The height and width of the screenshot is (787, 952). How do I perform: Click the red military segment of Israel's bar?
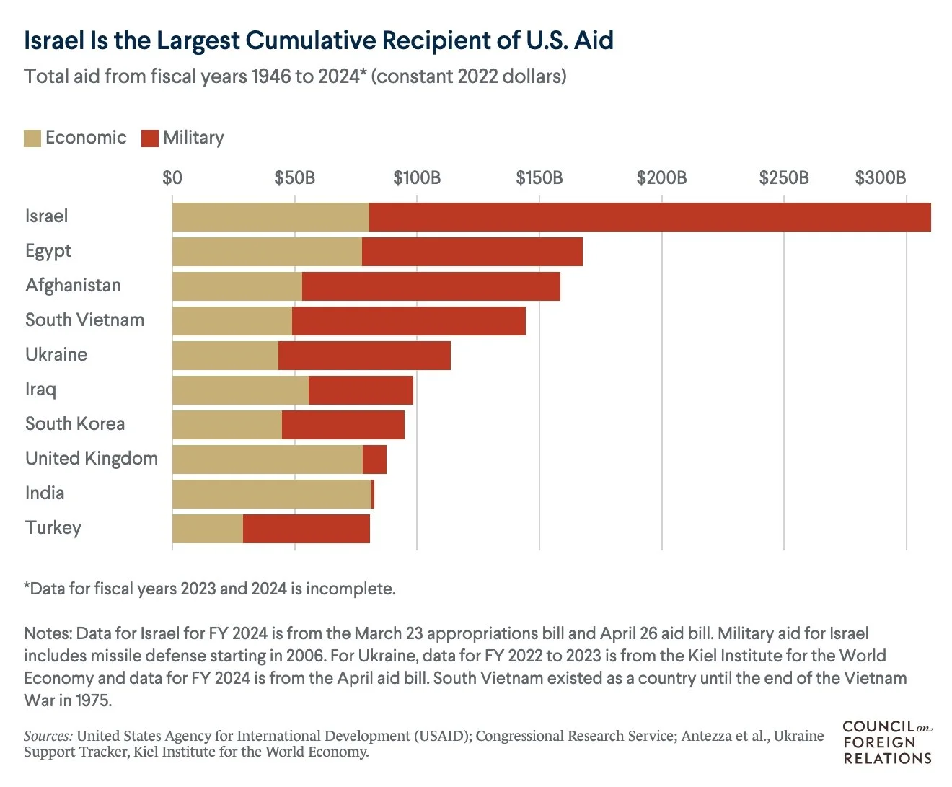tap(649, 217)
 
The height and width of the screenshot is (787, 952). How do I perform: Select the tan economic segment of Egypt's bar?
tap(267, 252)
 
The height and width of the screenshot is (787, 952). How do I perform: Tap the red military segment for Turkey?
tap(307, 529)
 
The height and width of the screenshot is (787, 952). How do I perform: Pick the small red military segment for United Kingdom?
tap(374, 460)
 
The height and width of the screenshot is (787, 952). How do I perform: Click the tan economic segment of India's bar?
tap(271, 494)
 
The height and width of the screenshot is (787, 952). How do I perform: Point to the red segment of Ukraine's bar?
tap(364, 356)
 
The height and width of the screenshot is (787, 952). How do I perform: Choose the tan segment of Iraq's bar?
tap(240, 390)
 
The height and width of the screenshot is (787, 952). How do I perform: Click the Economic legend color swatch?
tap(32, 139)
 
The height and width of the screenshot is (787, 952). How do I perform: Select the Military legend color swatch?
tap(150, 139)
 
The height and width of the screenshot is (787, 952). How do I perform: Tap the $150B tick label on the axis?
tap(539, 178)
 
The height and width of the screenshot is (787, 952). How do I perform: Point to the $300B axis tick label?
tap(880, 178)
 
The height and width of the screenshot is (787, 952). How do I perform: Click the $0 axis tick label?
tap(172, 178)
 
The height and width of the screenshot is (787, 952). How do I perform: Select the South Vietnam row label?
tap(84, 320)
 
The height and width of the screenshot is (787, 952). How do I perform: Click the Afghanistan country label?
tap(73, 286)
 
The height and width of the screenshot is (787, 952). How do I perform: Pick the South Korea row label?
tap(75, 424)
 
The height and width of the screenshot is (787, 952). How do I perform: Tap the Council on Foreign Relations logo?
tap(887, 742)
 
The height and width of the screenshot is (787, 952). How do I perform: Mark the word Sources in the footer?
tap(48, 737)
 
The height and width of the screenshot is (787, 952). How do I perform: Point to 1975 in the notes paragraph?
tap(91, 700)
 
